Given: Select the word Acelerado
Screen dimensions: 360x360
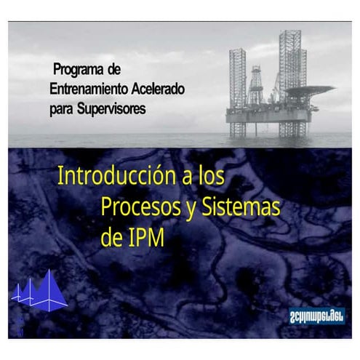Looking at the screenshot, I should (x=158, y=89).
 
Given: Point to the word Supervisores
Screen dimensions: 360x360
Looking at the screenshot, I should (x=113, y=108).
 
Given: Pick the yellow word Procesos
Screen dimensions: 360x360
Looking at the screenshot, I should (x=137, y=207).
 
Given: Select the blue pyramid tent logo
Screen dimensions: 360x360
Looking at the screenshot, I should (x=40, y=291).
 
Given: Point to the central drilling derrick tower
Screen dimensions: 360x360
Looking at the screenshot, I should (x=255, y=86).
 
